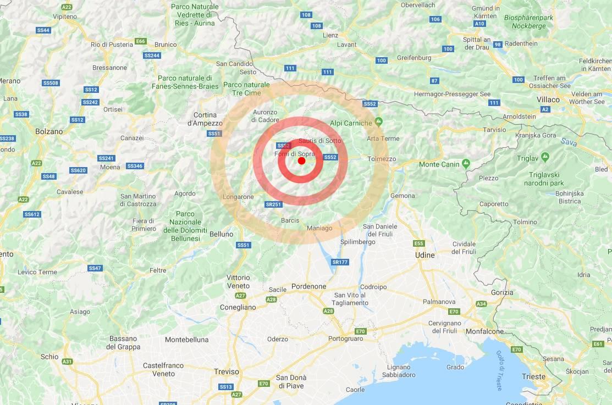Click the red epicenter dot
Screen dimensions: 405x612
pos(301,160)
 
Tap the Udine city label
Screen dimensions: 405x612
pos(424,255)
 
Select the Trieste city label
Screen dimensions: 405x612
pos(534,376)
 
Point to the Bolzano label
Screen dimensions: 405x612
pos(49,131)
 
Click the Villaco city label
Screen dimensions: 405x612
pos(548,99)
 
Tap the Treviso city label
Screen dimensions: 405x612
pos(227,371)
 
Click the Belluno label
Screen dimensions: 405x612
pos(222,234)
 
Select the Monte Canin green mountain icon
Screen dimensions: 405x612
pos(466,163)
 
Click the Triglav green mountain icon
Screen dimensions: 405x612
pos(545,157)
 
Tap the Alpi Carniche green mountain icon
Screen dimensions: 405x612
pos(378,121)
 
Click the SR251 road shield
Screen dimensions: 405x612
pos(273,204)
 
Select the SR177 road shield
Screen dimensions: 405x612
pos(340,262)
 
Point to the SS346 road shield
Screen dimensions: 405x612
pos(135,166)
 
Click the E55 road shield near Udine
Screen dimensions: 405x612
pos(419,243)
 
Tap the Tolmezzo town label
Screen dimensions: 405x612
pos(382,159)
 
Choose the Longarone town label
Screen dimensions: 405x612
pos(238,197)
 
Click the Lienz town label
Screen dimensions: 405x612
pos(330,35)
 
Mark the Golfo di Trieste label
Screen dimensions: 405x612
pos(499,370)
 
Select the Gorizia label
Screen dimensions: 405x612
pos(502,292)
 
